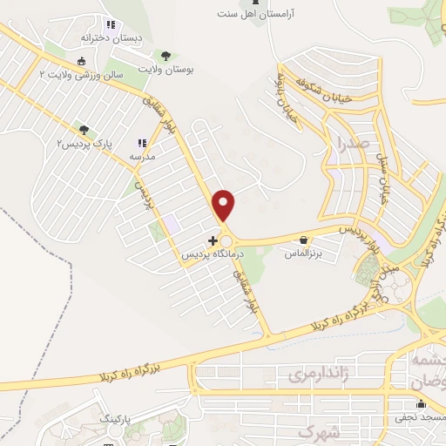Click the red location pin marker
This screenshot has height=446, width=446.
225,204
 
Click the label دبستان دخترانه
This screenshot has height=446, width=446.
106,38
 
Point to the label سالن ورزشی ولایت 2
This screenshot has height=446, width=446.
82,76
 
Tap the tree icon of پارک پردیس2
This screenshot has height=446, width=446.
84,130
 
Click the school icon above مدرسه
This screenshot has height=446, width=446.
141,144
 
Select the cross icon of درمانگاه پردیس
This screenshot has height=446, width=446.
213,240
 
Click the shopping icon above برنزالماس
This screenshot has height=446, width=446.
303,240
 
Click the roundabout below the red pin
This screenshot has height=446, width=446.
227,240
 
